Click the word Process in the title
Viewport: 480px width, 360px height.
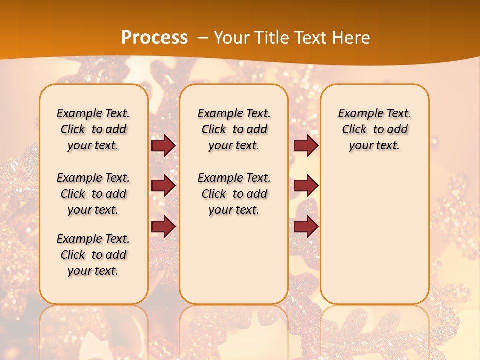click(154, 37)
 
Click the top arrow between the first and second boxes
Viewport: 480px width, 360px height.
click(163, 146)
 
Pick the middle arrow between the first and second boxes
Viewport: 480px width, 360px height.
click(163, 186)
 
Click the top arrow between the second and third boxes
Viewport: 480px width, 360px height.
click(306, 146)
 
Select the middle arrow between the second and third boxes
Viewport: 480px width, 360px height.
click(306, 186)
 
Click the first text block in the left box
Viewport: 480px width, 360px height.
click(93, 129)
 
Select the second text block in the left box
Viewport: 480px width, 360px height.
click(93, 194)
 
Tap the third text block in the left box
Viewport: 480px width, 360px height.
click(93, 255)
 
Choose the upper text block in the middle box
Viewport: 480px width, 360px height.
click(234, 129)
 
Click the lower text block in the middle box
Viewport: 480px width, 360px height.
click(234, 194)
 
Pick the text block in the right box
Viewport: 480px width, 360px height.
click(374, 129)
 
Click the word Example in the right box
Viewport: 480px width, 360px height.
click(357, 114)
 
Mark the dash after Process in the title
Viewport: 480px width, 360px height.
click(203, 38)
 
